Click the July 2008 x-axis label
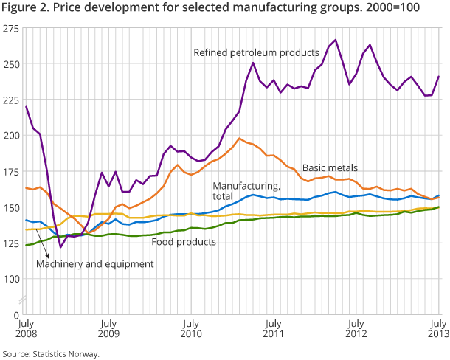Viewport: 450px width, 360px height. point(25,328)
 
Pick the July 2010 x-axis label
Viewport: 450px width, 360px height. point(190,328)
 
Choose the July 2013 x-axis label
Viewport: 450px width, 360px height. point(439,328)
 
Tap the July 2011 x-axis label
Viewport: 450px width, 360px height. point(273,328)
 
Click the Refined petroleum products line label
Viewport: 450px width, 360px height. point(256,52)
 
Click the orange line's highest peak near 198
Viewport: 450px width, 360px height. point(240,138)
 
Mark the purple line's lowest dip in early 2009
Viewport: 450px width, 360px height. point(60,247)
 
